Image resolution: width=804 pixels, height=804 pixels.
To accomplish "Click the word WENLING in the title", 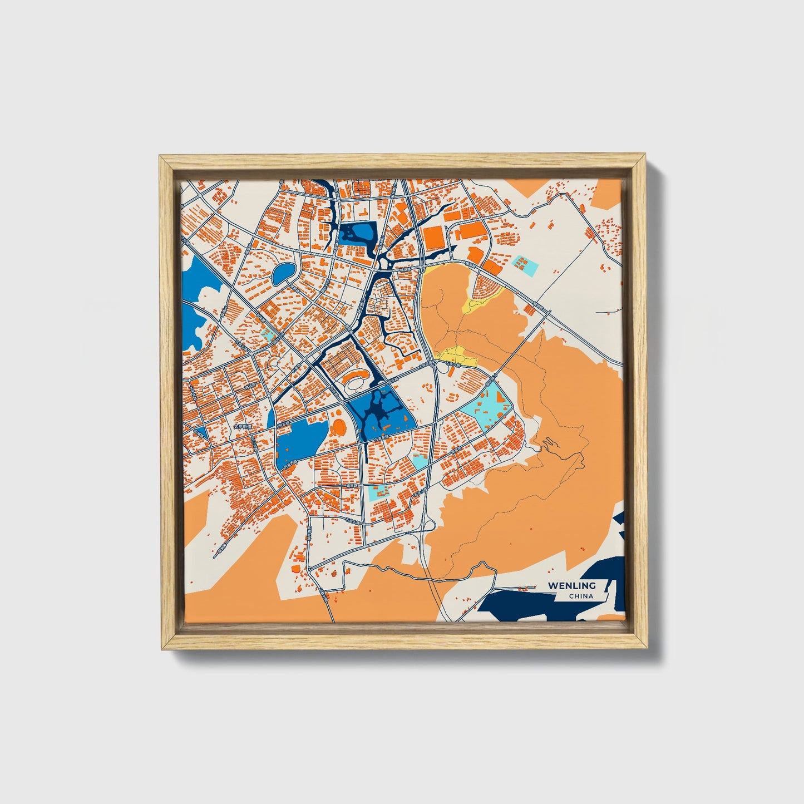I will click(571, 585).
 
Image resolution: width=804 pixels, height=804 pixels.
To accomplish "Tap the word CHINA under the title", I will click(581, 596).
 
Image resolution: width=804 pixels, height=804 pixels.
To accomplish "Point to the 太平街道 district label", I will click(243, 427).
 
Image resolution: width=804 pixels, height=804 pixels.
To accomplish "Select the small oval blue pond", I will click(284, 273).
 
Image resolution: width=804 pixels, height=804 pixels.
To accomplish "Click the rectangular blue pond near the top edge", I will click(357, 233).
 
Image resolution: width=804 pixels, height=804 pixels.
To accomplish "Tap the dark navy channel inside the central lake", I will click(378, 412).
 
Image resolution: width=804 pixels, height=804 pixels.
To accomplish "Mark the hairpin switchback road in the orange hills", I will click(547, 442).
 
